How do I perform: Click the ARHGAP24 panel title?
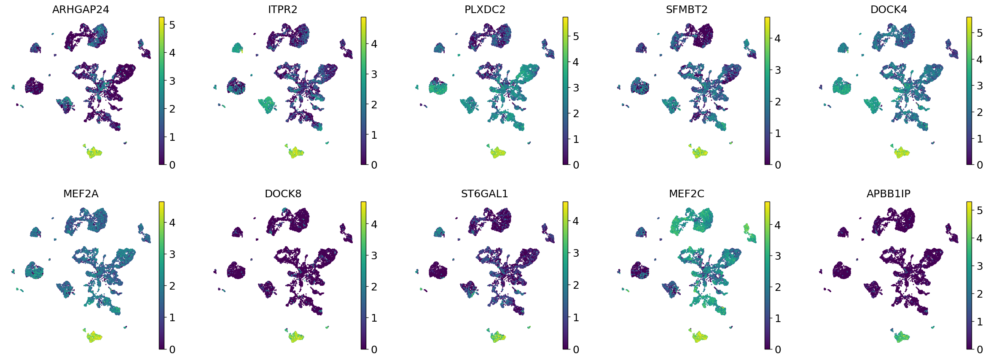[x=81, y=10]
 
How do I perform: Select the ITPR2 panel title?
[x=282, y=10]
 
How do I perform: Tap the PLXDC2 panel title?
[x=485, y=10]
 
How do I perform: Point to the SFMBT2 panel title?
[x=687, y=10]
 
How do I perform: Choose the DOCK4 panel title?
[x=889, y=10]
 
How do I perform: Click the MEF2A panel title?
[x=81, y=194]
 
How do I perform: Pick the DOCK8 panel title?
[x=283, y=194]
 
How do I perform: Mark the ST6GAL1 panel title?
[x=485, y=194]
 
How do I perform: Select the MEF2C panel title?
[x=687, y=194]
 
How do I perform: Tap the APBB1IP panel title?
[x=889, y=194]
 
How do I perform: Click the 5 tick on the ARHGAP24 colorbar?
[x=172, y=25]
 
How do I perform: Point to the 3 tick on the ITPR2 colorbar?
[x=374, y=75]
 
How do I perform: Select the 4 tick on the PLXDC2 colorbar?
[x=576, y=62]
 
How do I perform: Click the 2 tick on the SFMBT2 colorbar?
[x=778, y=102]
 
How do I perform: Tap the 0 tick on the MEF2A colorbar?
[x=172, y=349]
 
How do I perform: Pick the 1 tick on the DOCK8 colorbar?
[x=374, y=318]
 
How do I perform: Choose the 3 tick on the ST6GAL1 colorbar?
[x=576, y=253]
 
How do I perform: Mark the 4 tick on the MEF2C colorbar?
[x=778, y=225]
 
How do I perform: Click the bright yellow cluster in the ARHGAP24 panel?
[x=94, y=152]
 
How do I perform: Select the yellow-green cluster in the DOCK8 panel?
[x=296, y=336]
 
